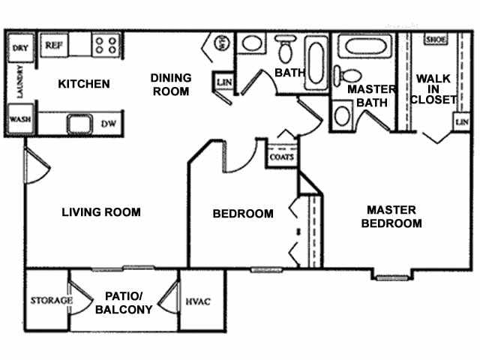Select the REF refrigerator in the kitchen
click(53, 45)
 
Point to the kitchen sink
click(76, 122)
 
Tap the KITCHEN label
click(84, 83)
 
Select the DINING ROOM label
click(171, 84)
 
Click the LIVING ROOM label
click(100, 212)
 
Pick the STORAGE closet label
click(51, 301)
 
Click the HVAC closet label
click(198, 301)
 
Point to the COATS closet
click(280, 157)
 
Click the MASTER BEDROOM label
click(391, 216)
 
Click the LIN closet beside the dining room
click(223, 82)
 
